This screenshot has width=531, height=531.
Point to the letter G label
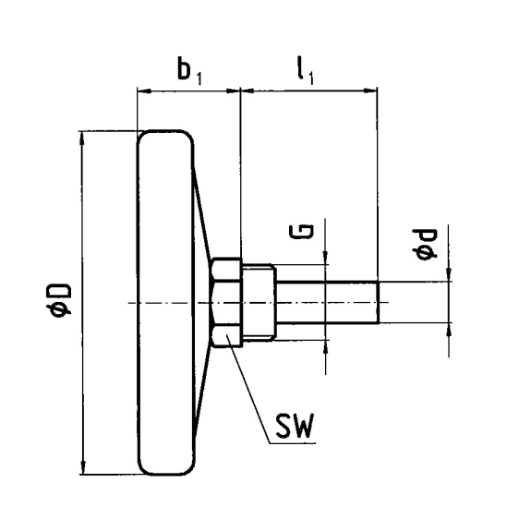tap(301, 232)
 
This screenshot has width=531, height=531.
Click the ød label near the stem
tap(424, 245)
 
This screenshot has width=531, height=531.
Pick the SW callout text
tap(295, 426)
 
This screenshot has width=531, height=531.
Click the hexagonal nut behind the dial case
tap(226, 302)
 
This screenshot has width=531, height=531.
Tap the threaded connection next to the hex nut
tap(259, 302)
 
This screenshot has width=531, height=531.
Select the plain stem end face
tap(378, 302)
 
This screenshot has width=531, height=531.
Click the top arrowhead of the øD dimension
tap(81, 139)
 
